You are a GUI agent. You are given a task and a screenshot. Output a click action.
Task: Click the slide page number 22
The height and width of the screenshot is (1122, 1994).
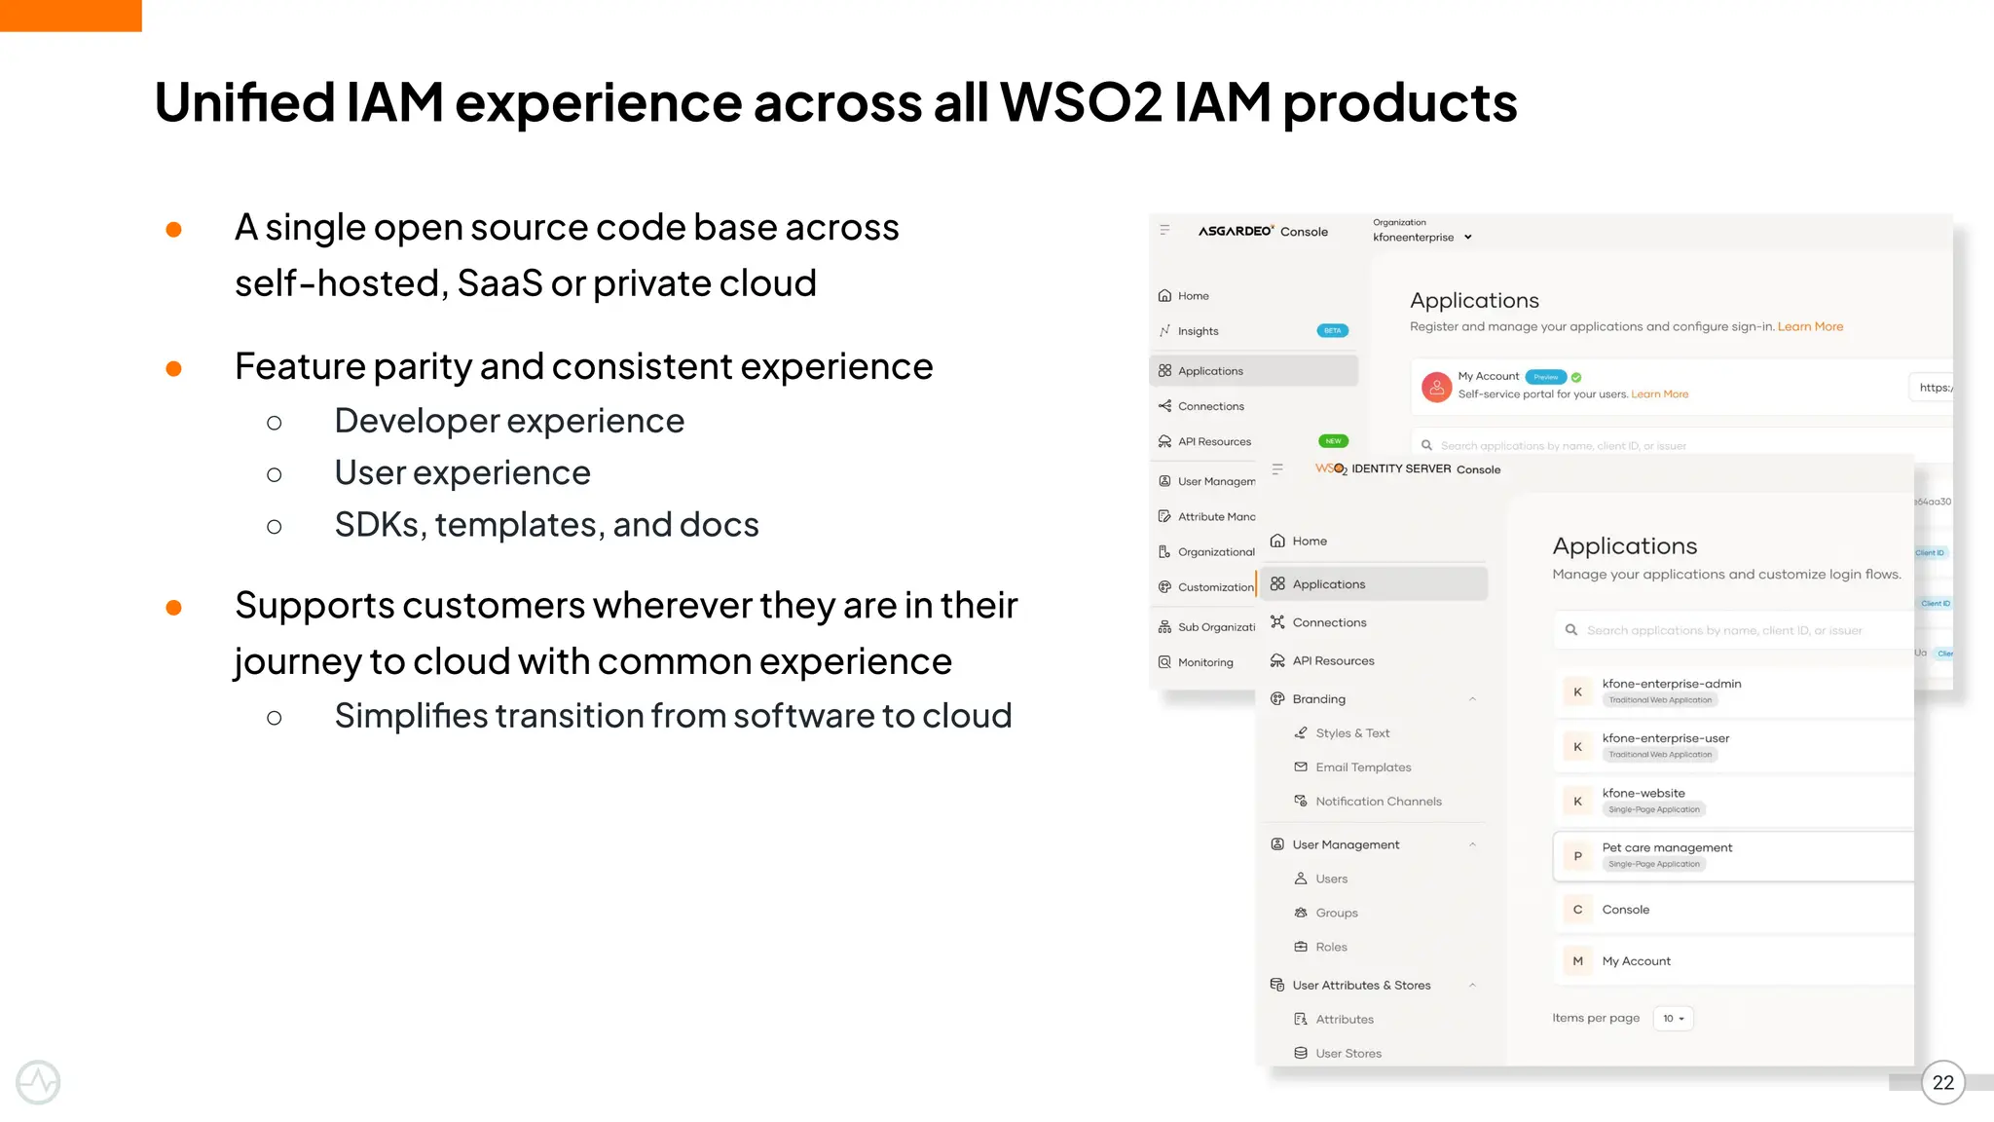point(1942,1082)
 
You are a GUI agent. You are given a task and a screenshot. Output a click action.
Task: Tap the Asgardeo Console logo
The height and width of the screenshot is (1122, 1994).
point(1262,232)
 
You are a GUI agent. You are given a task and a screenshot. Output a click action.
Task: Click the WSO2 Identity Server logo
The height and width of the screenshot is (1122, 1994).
point(1407,468)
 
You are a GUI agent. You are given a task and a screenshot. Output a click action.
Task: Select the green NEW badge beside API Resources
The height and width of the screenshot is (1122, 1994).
point(1333,441)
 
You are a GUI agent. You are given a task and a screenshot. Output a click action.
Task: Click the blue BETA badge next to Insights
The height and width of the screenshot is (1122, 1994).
point(1332,331)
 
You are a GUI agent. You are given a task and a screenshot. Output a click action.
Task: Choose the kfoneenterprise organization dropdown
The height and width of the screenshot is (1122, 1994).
point(1422,237)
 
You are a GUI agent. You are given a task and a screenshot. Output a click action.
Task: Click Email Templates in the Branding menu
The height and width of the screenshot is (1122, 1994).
point(1363,767)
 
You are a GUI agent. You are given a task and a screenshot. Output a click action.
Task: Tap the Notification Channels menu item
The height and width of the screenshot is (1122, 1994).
point(1378,802)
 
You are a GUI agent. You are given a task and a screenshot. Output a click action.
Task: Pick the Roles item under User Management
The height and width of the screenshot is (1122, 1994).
point(1331,947)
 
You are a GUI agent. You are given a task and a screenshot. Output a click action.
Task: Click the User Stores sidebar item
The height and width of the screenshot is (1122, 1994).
point(1348,1053)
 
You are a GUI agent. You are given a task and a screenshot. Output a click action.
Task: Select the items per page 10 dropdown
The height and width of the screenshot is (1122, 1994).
point(1673,1019)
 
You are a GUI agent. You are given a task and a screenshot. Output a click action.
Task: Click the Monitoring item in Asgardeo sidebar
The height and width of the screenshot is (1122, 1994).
point(1205,662)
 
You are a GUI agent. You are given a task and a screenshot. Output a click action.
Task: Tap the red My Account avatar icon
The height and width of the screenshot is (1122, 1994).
point(1436,387)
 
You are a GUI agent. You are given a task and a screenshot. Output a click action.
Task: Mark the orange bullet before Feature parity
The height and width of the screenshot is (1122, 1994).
point(174,368)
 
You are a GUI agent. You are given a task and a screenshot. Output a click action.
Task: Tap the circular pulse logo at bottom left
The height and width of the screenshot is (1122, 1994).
point(38,1082)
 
